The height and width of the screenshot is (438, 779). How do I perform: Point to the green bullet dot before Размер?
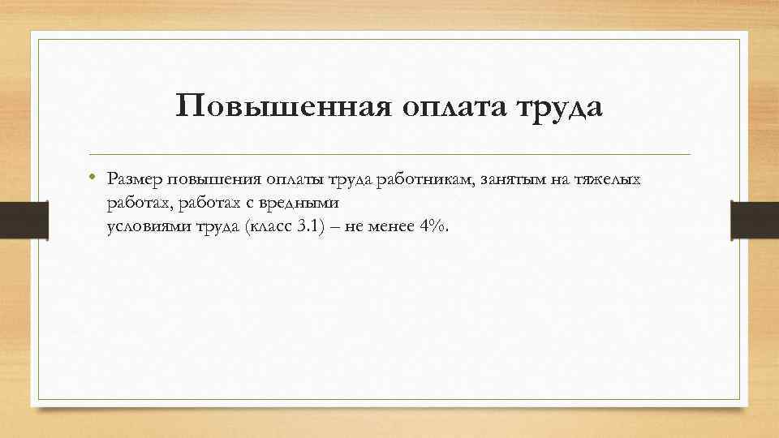pyautogui.click(x=94, y=175)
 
